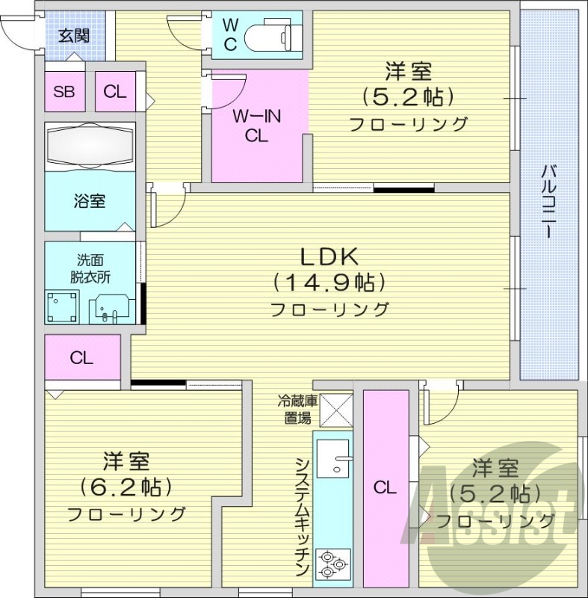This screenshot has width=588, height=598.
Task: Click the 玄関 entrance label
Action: tap(75, 34)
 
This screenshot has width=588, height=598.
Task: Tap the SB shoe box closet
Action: tap(64, 92)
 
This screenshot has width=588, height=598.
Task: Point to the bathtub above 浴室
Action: tap(90, 146)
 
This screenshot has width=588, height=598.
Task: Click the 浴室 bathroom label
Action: tap(89, 201)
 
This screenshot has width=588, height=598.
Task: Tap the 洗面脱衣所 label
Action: tap(90, 268)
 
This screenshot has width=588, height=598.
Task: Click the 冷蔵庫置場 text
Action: tap(297, 410)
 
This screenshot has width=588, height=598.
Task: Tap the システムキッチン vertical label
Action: tap(302, 516)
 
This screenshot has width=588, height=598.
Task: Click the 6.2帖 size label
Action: tap(126, 487)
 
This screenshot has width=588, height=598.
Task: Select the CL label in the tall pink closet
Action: tap(385, 488)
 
